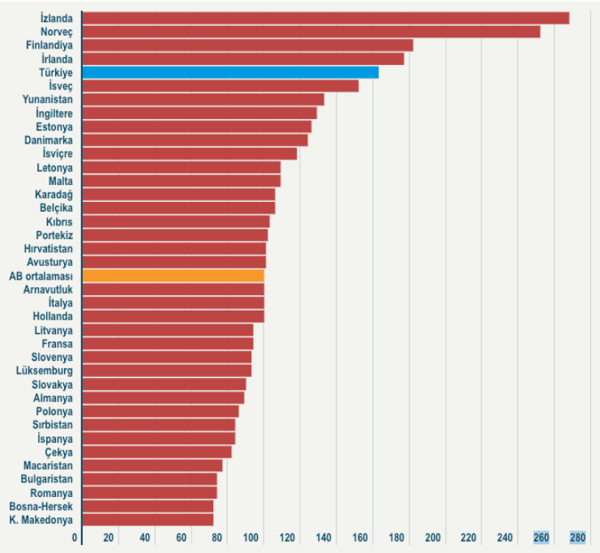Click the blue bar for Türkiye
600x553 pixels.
point(230,72)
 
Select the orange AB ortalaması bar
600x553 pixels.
point(173,276)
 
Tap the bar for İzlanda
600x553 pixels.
point(325,18)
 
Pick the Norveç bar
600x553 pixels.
point(311,32)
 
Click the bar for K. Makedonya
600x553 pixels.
point(148,520)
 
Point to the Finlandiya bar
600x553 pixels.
point(247,45)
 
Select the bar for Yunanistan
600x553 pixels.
point(203,99)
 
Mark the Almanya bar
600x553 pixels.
point(163,398)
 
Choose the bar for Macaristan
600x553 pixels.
point(152,465)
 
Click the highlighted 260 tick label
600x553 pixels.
point(541,538)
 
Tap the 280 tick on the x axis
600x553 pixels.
point(577,538)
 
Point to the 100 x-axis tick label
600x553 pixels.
point(252,538)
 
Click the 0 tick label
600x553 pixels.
point(75,538)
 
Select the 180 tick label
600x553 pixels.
point(396,538)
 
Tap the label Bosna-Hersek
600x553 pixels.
point(41,506)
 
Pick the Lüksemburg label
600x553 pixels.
point(44,371)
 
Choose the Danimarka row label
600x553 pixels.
point(49,140)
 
